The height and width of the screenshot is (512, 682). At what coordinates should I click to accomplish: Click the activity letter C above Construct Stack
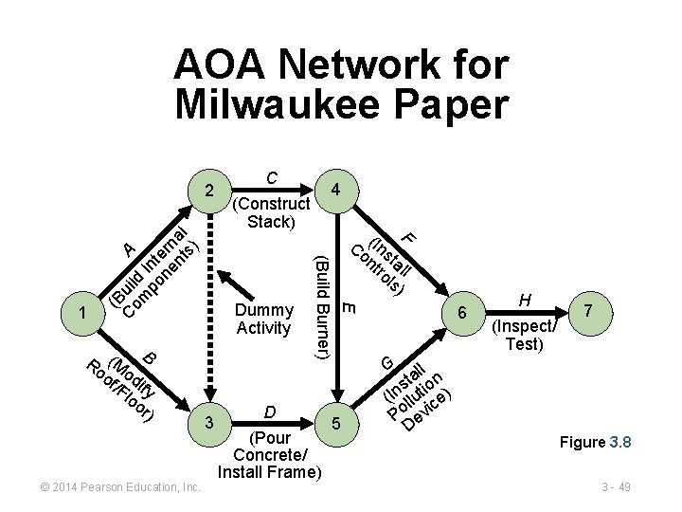point(272,177)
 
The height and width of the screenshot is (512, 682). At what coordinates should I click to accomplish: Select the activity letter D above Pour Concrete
point(270,412)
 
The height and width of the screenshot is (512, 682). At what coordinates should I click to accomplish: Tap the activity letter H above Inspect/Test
point(526,301)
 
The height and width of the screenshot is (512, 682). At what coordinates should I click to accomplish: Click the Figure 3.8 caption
point(595,443)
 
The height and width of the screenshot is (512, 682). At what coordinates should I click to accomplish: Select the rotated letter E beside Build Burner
point(349,306)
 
